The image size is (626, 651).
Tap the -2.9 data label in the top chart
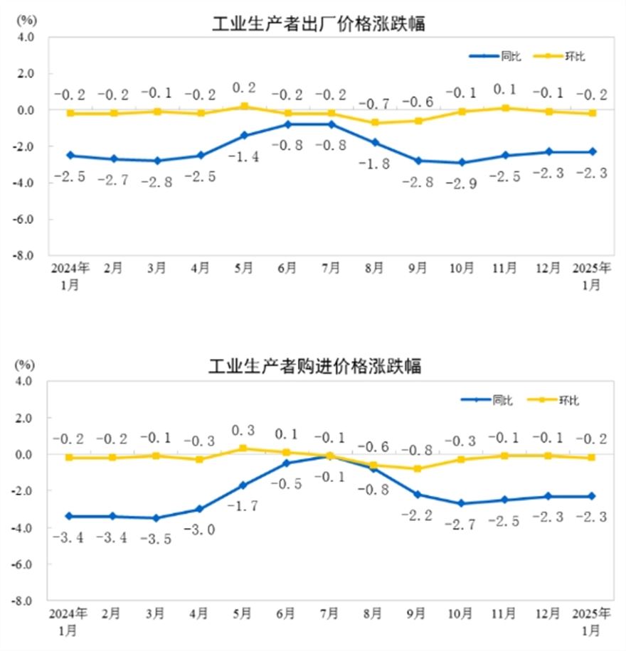click(x=461, y=182)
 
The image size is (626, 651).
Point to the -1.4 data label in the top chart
click(x=244, y=158)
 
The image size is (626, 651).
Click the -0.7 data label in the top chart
click(x=374, y=104)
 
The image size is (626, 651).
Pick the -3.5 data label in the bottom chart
click(x=157, y=538)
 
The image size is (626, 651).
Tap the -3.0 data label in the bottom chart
click(x=200, y=529)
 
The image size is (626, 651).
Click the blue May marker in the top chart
click(x=244, y=135)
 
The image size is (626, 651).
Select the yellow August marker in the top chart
click(x=374, y=123)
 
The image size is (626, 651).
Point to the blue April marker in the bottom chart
click(x=200, y=509)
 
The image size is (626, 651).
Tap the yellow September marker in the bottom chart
click(x=418, y=468)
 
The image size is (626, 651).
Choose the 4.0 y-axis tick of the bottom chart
click(x=27, y=381)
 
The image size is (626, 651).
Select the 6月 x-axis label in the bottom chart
click(x=287, y=613)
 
